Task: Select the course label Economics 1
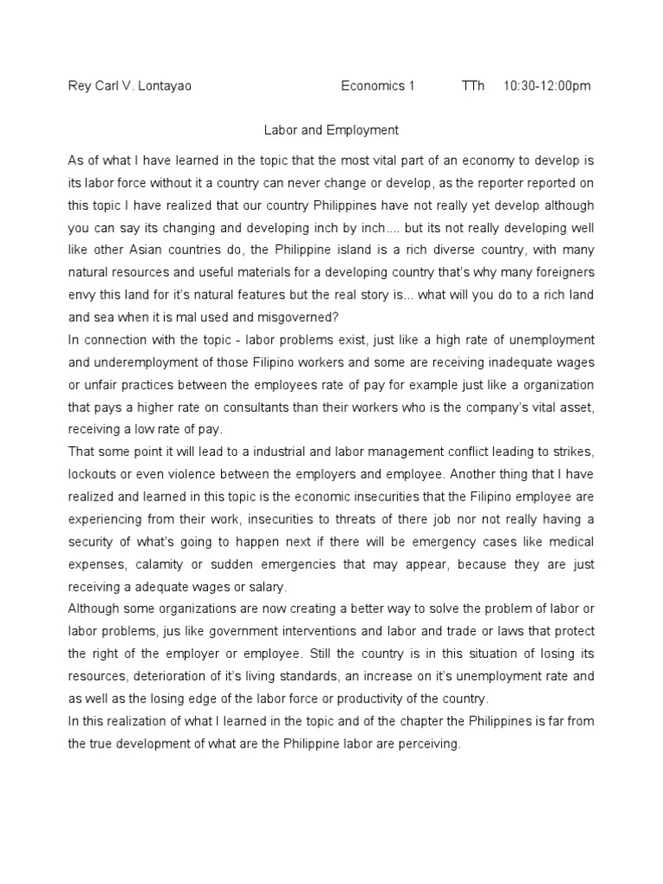click(377, 86)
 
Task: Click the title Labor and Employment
click(331, 130)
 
